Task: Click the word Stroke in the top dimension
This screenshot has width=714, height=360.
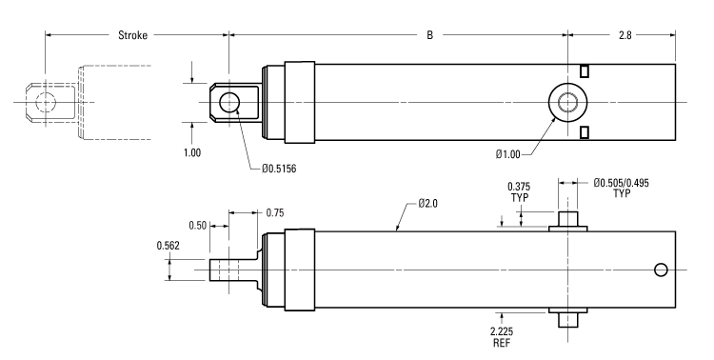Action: (132, 35)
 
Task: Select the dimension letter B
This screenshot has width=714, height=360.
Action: (429, 35)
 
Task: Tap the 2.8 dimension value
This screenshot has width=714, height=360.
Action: (625, 35)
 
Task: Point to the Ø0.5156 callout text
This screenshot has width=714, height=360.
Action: (283, 170)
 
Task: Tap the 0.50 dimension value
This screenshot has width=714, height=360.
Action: (197, 225)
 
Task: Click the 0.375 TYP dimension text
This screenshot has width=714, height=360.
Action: (519, 192)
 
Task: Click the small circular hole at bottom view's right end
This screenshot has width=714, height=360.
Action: (662, 270)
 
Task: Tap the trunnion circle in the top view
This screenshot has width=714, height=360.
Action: (568, 102)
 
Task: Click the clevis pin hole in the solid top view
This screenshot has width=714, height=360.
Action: (229, 102)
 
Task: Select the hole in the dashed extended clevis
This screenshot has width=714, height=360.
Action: (43, 102)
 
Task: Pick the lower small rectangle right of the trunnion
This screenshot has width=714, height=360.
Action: (585, 131)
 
